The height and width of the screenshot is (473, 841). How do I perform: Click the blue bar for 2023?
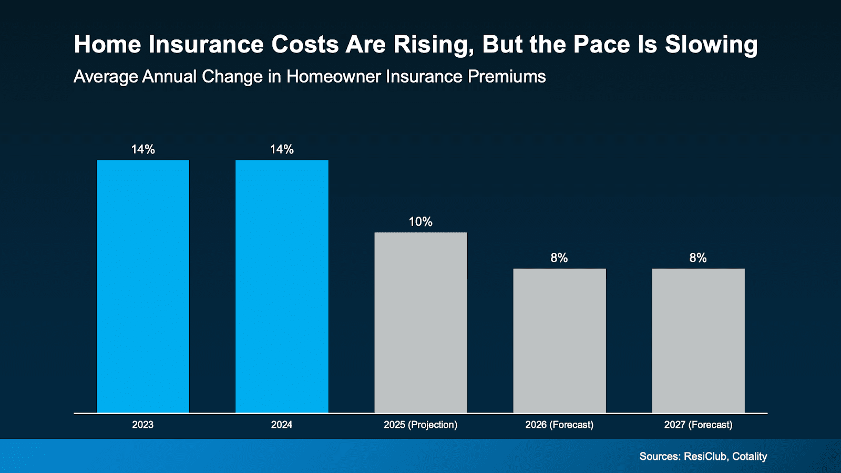click(x=143, y=286)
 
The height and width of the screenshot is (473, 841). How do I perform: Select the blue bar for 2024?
click(x=282, y=286)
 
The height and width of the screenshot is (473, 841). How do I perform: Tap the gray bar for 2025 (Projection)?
click(x=420, y=323)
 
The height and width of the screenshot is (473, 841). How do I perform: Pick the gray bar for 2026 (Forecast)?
click(x=559, y=341)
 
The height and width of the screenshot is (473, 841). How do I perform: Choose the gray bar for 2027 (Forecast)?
click(x=698, y=341)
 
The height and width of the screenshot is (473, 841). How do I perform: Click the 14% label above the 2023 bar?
click(x=143, y=149)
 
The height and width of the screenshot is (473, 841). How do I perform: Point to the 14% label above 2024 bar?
click(x=282, y=149)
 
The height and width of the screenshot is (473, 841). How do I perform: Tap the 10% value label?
click(x=420, y=222)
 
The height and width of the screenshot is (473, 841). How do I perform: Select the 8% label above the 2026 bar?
click(x=559, y=258)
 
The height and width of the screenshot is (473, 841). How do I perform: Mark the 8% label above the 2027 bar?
click(x=698, y=258)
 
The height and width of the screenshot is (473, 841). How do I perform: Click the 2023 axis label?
click(x=143, y=425)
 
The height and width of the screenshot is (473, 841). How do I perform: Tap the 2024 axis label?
click(x=282, y=425)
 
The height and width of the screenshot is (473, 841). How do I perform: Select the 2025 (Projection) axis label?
click(x=420, y=425)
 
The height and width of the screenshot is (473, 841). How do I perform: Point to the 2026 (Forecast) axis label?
click(x=559, y=425)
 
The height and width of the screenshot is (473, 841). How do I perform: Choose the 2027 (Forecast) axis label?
click(x=698, y=425)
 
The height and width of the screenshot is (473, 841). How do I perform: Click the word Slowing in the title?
click(x=711, y=45)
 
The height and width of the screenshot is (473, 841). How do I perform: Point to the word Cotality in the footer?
click(x=750, y=456)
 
